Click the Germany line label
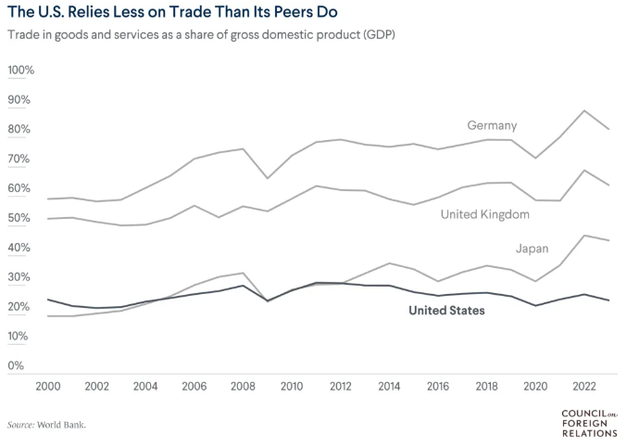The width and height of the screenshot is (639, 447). (492, 125)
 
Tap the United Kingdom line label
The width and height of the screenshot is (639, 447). (484, 214)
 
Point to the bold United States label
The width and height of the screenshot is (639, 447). (446, 311)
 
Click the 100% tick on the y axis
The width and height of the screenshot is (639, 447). (21, 70)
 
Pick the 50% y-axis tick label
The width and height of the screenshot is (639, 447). (21, 218)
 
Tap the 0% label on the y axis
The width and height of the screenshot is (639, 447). (17, 365)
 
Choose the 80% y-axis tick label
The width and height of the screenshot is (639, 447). (21, 130)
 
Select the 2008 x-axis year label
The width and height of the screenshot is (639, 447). (242, 386)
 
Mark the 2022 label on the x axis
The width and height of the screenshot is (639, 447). (583, 386)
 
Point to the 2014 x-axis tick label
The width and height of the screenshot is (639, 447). (388, 386)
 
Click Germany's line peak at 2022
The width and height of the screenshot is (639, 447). (583, 110)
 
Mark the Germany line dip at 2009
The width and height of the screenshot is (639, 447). (267, 178)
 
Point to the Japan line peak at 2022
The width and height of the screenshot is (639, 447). (583, 236)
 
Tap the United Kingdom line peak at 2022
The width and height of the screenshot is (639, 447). (583, 171)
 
